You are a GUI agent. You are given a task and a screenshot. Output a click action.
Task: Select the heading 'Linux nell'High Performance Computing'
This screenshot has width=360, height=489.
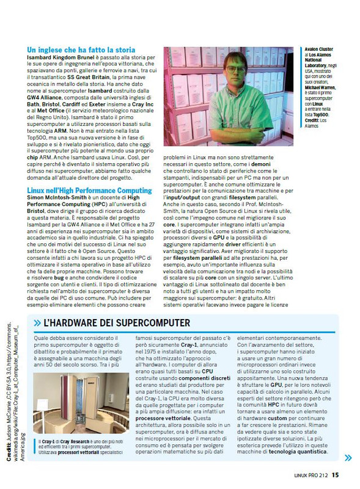[89, 191]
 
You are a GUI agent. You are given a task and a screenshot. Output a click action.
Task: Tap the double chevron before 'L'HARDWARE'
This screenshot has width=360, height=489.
[37, 322]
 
